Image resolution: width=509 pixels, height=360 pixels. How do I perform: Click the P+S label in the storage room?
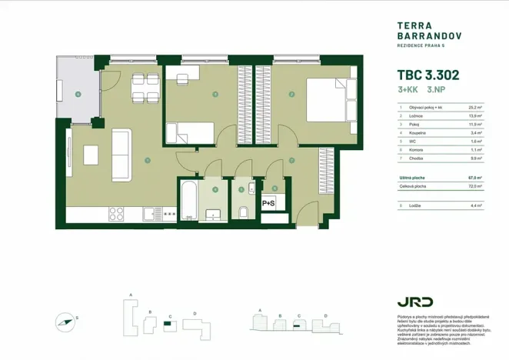[269, 203]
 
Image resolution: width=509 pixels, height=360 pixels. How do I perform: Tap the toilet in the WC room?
[242, 211]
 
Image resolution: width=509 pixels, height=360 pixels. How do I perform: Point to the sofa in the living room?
[121, 152]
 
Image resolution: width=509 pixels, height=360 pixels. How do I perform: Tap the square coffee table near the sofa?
[91, 153]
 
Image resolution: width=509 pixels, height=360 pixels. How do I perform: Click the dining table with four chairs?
[138, 87]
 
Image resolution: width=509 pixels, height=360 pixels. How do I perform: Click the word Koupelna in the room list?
[418, 132]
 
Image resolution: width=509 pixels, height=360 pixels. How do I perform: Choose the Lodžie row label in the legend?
[415, 205]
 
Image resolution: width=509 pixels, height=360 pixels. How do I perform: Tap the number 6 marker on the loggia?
[78, 94]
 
